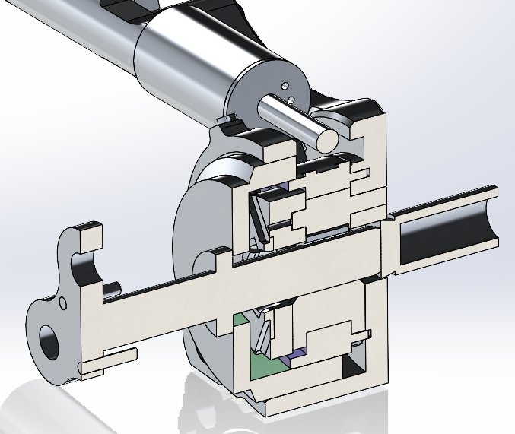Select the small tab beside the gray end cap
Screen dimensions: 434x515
click(226, 119)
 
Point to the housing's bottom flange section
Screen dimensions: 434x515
click(304, 399)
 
